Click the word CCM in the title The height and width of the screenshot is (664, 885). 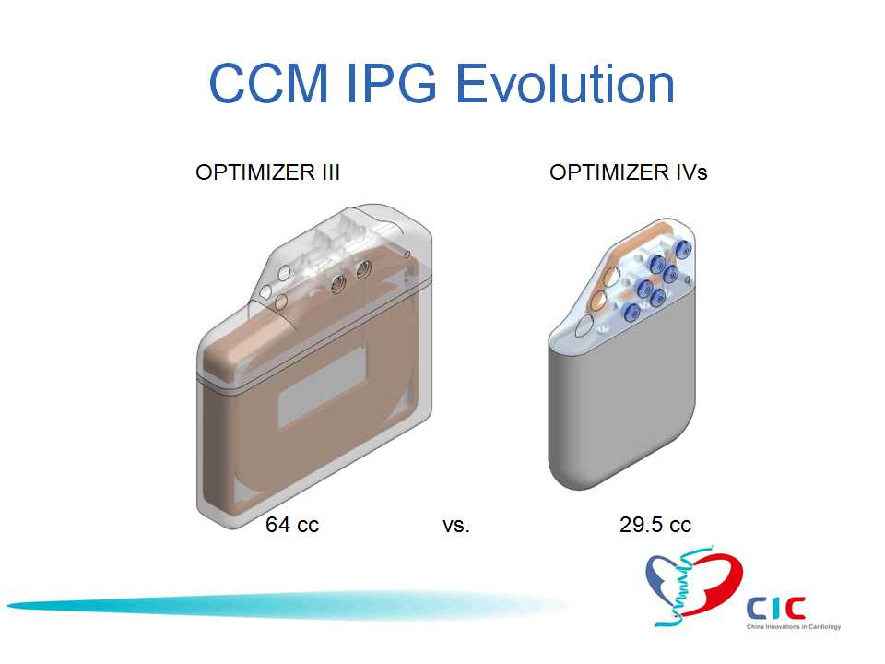[x=268, y=83]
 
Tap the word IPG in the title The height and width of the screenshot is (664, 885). [x=391, y=83]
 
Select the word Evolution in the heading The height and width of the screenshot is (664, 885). [x=564, y=83]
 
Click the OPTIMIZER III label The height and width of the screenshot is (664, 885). [x=267, y=172]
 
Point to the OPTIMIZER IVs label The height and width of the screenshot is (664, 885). [x=628, y=172]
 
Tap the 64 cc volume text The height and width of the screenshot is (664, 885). [x=292, y=525]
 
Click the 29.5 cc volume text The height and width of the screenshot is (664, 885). [x=655, y=525]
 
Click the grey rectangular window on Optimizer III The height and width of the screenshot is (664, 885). [x=323, y=387]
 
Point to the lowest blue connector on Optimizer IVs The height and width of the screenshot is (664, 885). [x=631, y=312]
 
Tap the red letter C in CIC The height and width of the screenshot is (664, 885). [x=796, y=608]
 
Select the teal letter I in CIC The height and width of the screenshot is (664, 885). [x=776, y=608]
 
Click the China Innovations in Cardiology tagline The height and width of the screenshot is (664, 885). [x=794, y=627]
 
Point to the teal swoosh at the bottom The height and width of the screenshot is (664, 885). [x=287, y=605]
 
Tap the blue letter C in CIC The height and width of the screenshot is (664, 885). [x=758, y=608]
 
